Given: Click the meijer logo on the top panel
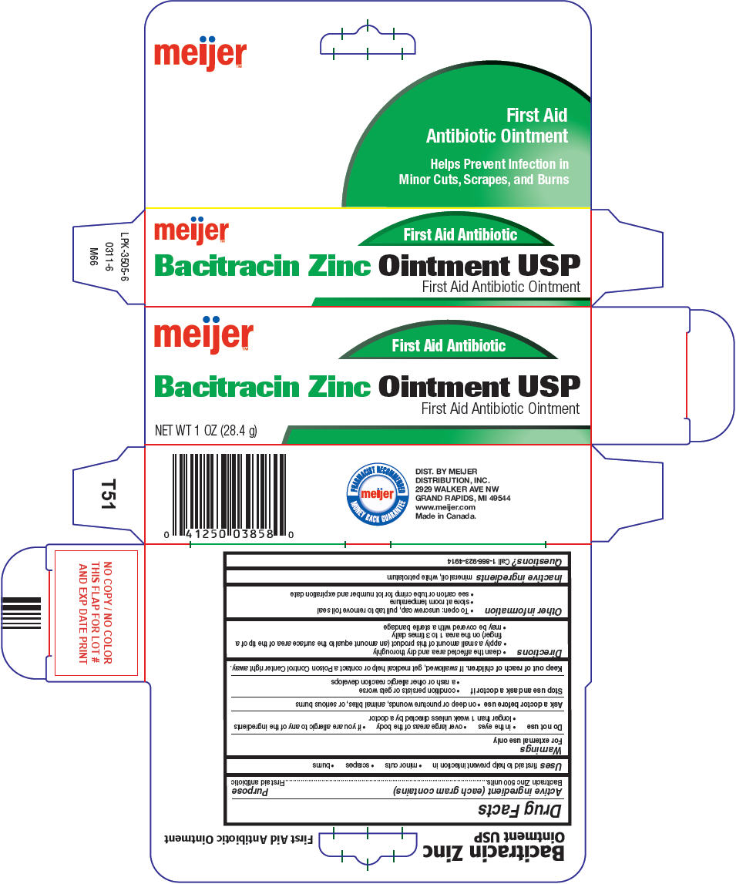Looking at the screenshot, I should click(200, 55).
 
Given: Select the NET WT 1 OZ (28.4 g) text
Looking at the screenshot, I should click(206, 431).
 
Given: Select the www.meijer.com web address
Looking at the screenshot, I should click(445, 507).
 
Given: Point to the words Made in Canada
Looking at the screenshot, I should click(445, 516).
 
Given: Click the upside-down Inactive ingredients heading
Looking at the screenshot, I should click(519, 576).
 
